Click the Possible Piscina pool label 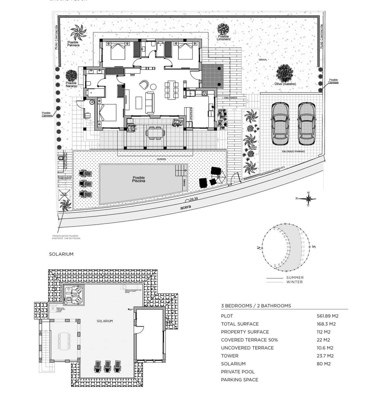click(138, 179)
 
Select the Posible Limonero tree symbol click(223, 30)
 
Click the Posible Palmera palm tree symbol click(78, 32)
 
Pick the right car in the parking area click(306, 123)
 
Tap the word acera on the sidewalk click(186, 207)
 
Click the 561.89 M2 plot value click(327, 316)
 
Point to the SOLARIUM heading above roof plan click(61, 254)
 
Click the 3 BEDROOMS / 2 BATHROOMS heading click(256, 306)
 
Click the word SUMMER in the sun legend click(295, 278)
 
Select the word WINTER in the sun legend click(294, 282)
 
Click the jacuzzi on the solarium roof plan click(74, 294)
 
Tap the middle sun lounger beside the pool click(84, 183)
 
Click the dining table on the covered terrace click(156, 133)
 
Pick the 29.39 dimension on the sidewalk click(193, 199)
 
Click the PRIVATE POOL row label click(238, 372)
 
